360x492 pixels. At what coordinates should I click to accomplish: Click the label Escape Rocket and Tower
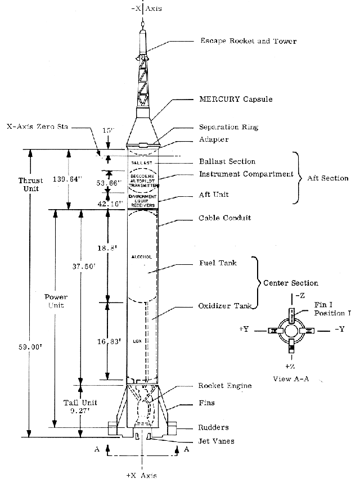pos(248,41)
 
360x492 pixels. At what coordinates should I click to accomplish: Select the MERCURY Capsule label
pos(235,100)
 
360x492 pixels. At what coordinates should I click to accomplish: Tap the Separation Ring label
pos(228,127)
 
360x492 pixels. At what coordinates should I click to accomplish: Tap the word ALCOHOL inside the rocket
pos(141,256)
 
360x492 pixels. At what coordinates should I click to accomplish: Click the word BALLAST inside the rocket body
pos(142,162)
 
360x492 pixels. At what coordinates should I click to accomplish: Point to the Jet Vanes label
pos(216,441)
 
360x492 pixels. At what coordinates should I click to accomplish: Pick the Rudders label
pos(214,427)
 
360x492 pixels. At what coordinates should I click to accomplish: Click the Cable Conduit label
pos(225,218)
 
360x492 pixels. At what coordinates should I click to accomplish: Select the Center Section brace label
pos(291,283)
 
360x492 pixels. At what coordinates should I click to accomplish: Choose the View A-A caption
pos(289,378)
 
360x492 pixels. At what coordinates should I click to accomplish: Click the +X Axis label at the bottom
pos(141,476)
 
